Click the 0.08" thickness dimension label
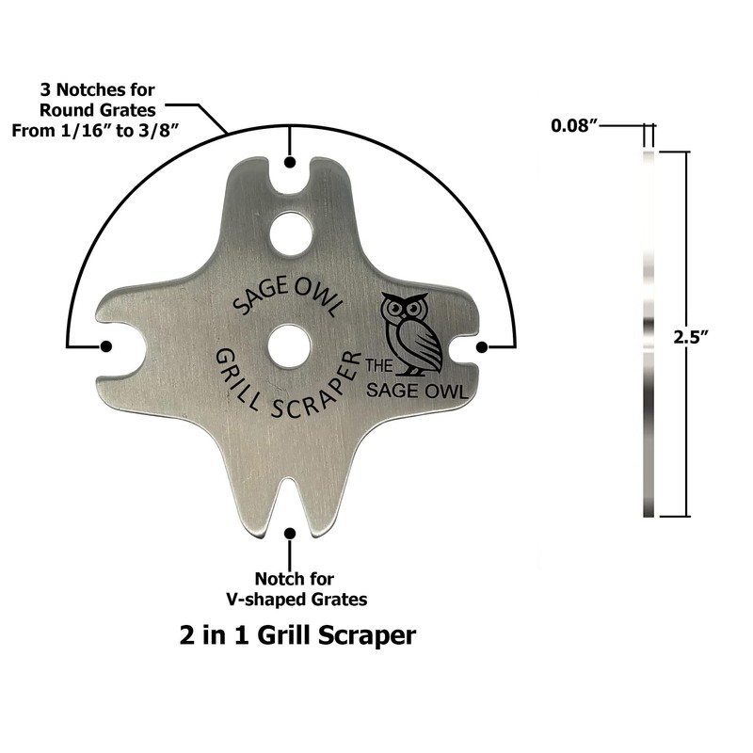click(x=574, y=126)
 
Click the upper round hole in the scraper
click(x=291, y=234)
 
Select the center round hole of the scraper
click(x=289, y=346)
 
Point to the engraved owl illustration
click(x=410, y=334)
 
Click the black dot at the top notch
click(x=290, y=163)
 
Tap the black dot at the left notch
click(x=106, y=346)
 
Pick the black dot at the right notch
click(x=482, y=346)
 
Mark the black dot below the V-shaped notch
click(x=290, y=534)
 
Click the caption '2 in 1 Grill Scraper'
click(x=297, y=634)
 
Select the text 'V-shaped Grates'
click(x=296, y=600)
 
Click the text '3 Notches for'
click(x=98, y=89)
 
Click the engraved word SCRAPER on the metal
click(x=317, y=390)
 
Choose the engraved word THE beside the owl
click(x=379, y=366)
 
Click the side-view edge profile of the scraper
click(x=649, y=334)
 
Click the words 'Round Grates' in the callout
click(x=98, y=110)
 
